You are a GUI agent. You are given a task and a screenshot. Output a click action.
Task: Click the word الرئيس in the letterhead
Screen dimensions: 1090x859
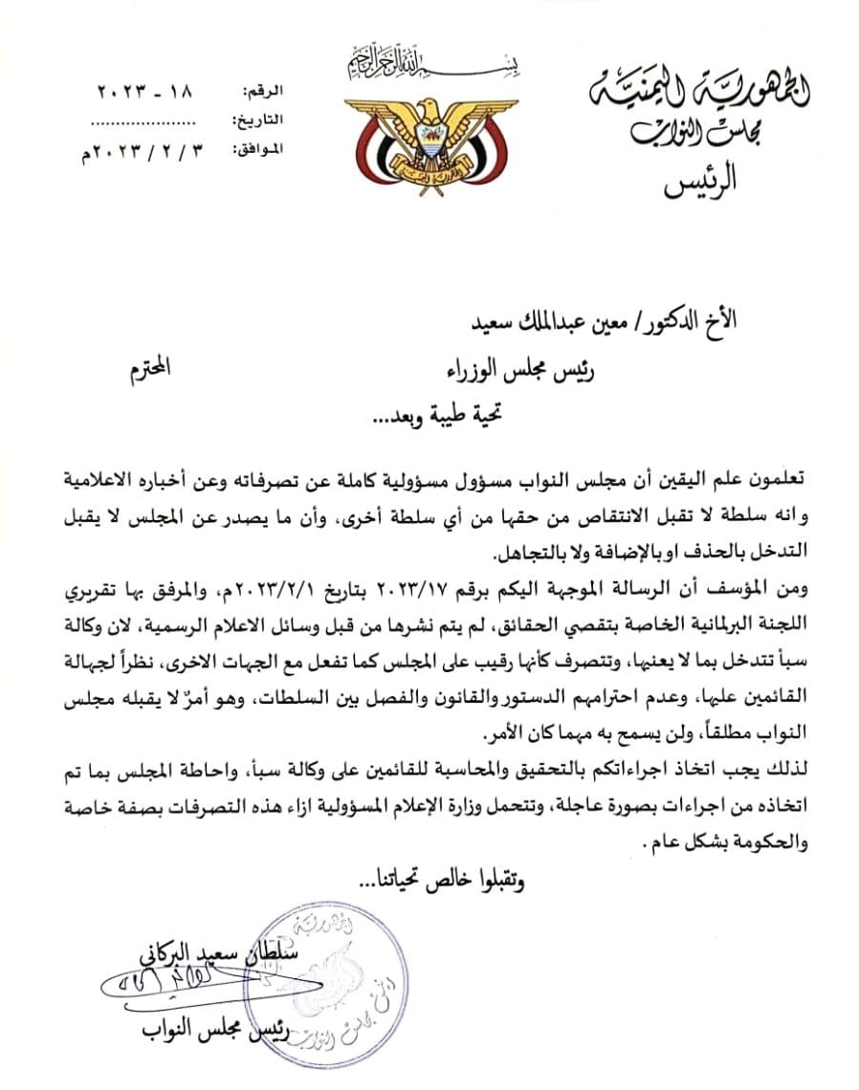click(702, 181)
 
